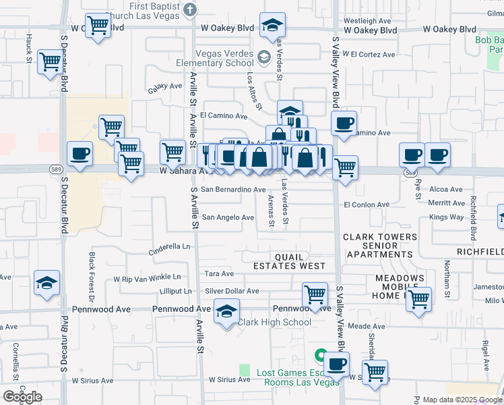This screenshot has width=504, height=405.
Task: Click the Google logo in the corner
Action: coord(22,397)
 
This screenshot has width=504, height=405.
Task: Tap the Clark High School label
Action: coord(274,322)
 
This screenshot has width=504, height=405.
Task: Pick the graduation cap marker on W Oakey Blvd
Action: coord(272,26)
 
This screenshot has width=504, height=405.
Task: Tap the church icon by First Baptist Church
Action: coord(190,9)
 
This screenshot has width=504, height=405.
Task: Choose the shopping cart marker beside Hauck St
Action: coord(50,61)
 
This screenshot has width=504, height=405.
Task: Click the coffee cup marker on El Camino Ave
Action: coord(344,124)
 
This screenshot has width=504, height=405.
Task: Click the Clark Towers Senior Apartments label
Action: coord(380,246)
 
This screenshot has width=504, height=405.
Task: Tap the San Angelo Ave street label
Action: coord(228,217)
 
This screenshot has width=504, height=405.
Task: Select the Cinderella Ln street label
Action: coord(171,247)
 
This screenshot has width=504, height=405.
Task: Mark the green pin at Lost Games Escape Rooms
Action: coord(321,354)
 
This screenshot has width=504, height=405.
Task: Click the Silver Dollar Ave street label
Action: coord(232,291)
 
